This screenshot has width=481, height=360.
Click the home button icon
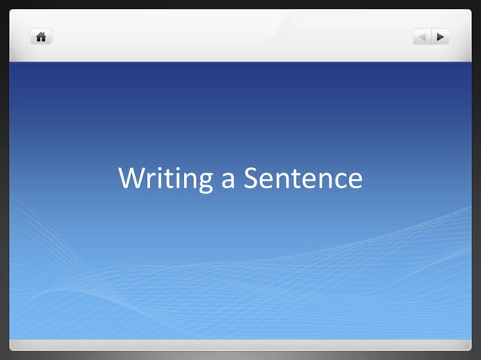pyautogui.click(x=41, y=36)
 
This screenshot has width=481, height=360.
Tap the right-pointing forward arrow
pyautogui.click(x=440, y=36)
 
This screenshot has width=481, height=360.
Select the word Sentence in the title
pyautogui.click(x=302, y=179)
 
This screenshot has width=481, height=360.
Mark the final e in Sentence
pyautogui.click(x=354, y=181)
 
